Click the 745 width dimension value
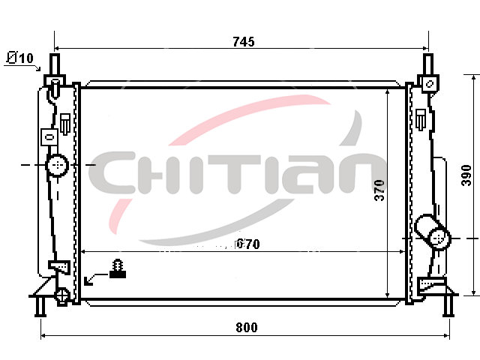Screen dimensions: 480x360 pyautogui.click(x=243, y=42)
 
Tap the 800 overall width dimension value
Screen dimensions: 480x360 pyautogui.click(x=247, y=327)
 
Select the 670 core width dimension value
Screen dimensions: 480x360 pyautogui.click(x=248, y=244)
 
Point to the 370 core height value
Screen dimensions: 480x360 pyautogui.click(x=379, y=190)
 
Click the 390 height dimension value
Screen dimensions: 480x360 pyautogui.click(x=466, y=175)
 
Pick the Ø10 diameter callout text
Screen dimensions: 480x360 pyautogui.click(x=20, y=58)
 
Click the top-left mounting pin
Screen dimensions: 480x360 pyautogui.click(x=55, y=64)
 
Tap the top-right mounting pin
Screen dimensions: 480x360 pyautogui.click(x=428, y=64)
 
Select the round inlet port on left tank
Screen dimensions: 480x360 pyautogui.click(x=57, y=165)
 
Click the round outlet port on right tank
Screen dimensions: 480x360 pyautogui.click(x=440, y=238)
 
